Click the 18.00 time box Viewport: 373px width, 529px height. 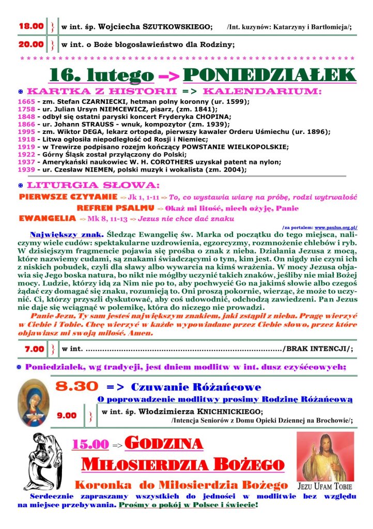click(31, 26)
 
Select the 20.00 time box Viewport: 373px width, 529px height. click(31, 44)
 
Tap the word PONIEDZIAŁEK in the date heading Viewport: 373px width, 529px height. click(270, 75)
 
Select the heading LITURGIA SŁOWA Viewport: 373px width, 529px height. click(93, 185)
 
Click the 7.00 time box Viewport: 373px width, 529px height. click(35, 349)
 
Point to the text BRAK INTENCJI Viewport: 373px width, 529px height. click(317, 349)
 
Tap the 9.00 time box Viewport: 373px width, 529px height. click(67, 415)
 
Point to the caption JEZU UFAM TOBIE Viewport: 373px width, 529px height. click(325, 487)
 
